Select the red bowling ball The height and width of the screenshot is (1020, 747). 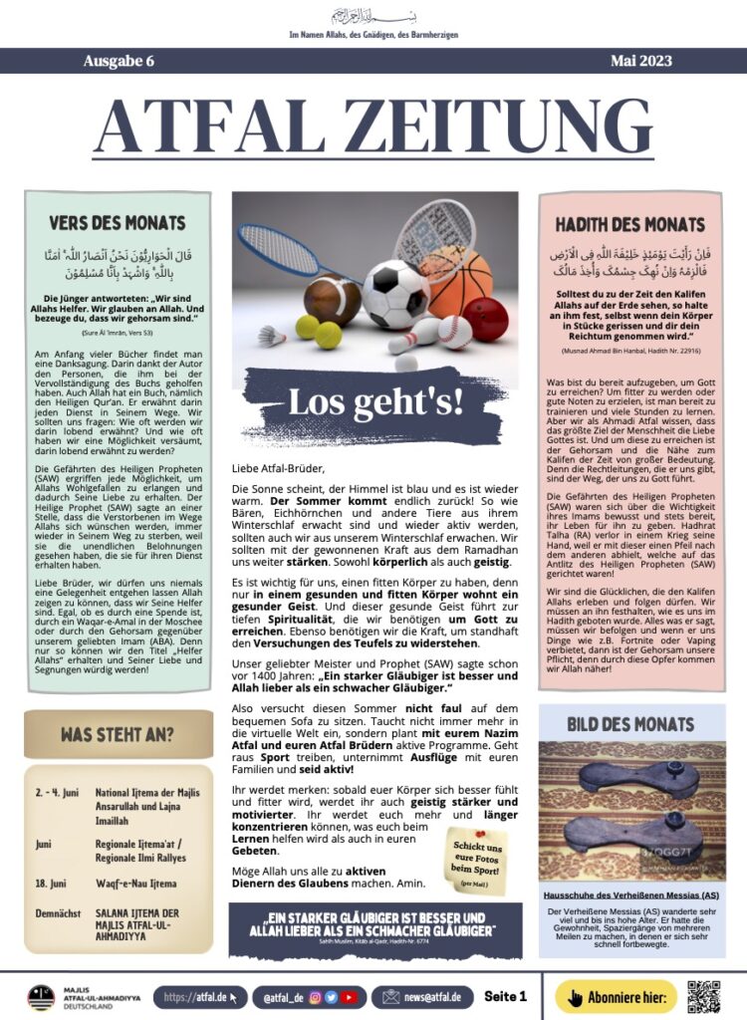(485, 319)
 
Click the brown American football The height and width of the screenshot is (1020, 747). (332, 300)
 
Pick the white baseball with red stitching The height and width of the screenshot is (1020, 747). (455, 331)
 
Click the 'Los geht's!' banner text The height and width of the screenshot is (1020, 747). (374, 401)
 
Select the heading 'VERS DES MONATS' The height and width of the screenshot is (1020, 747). (118, 224)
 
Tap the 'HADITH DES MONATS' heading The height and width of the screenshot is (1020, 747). (629, 224)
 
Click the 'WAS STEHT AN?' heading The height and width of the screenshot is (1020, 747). (117, 736)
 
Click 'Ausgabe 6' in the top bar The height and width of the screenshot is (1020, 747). (119, 61)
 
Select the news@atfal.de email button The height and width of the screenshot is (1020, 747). (421, 996)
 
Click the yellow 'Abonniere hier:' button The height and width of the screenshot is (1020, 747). (615, 996)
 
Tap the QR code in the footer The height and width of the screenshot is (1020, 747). (703, 996)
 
